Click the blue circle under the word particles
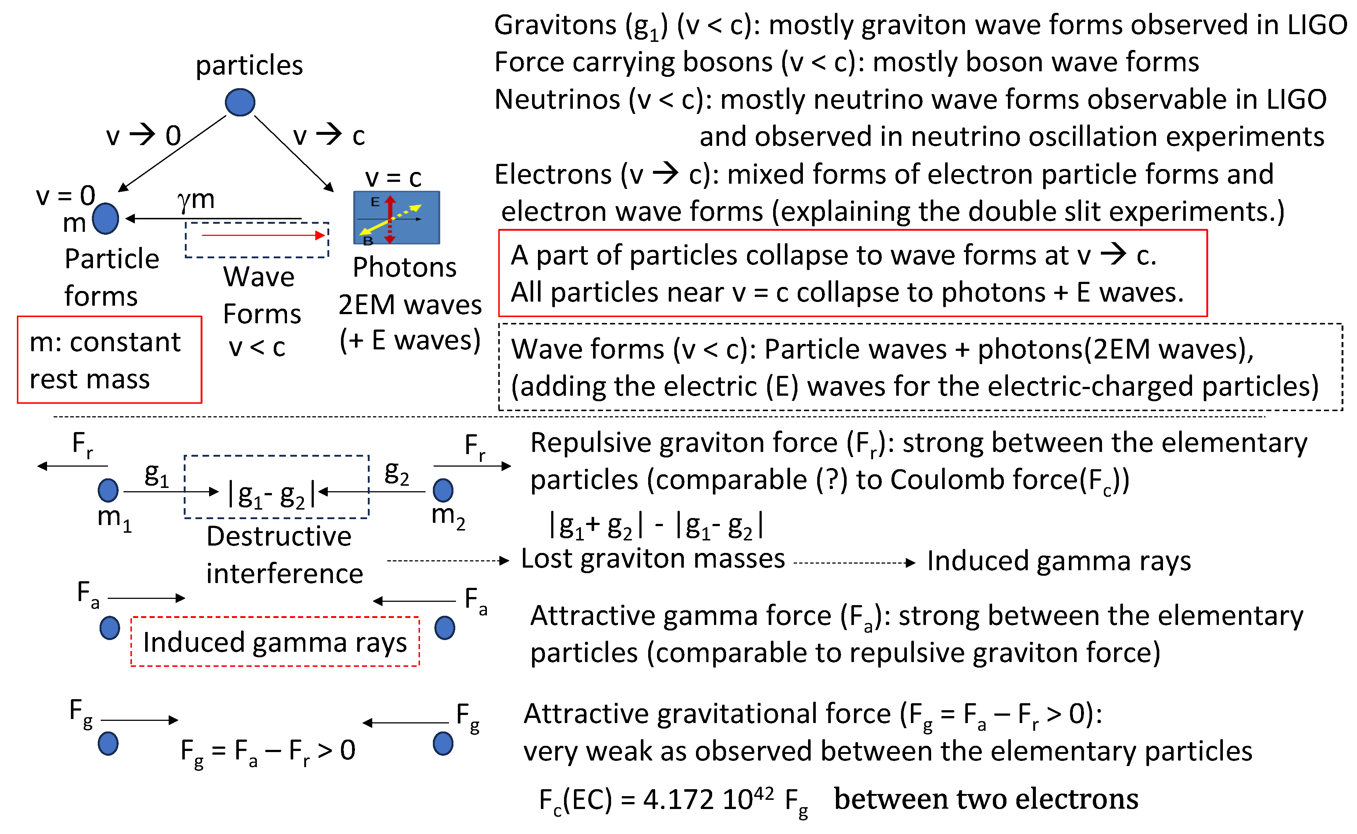(240, 102)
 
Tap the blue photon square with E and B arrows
(396, 218)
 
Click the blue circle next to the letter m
(105, 219)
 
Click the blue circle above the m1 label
(108, 490)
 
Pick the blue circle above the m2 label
(443, 490)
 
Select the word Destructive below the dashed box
(279, 536)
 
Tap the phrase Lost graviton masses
(653, 559)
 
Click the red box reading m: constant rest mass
(109, 360)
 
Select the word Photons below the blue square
(404, 267)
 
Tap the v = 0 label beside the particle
(65, 195)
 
